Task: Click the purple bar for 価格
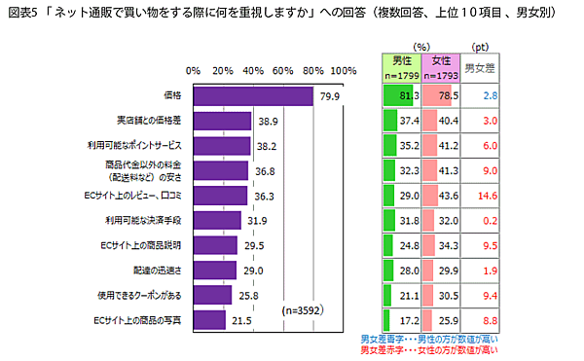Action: click(253, 95)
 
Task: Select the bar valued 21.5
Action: click(209, 318)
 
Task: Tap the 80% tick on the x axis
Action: click(313, 71)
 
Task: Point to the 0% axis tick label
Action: click(193, 71)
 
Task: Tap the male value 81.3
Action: click(408, 95)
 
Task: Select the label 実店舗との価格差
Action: click(149, 121)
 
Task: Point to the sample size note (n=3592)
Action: click(301, 311)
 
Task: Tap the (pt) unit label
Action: click(480, 46)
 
